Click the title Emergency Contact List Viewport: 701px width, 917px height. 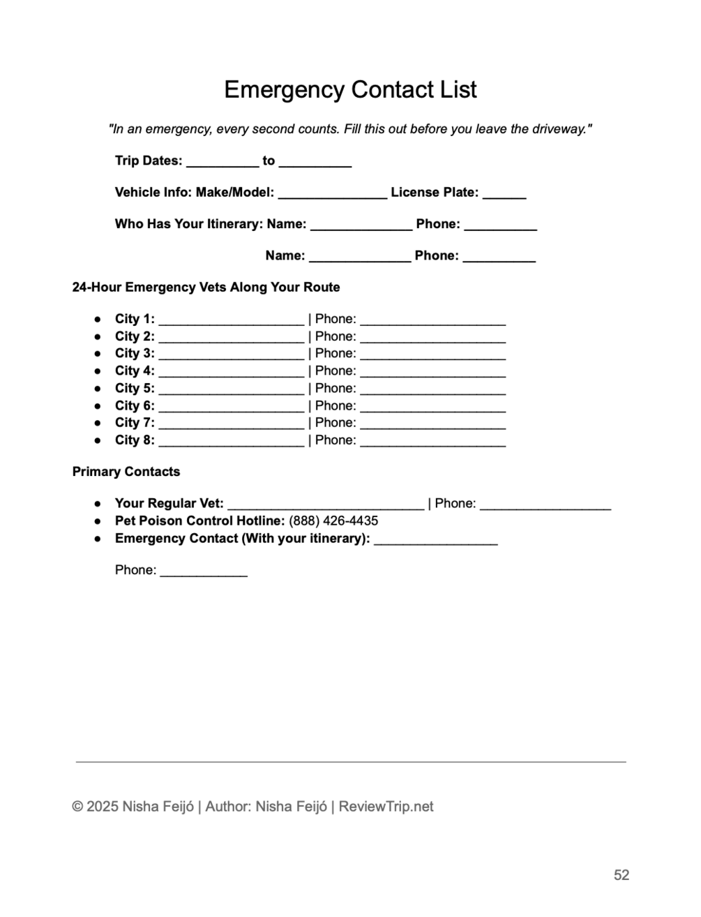click(350, 90)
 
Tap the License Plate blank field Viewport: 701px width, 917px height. click(504, 195)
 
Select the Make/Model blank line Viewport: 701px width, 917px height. click(332, 195)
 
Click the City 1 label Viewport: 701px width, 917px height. click(135, 319)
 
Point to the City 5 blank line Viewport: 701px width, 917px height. click(231, 391)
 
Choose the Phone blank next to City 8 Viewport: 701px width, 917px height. click(432, 443)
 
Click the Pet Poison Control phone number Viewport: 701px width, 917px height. click(333, 521)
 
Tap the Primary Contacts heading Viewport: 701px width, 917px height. click(126, 472)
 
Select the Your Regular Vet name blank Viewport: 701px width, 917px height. click(326, 507)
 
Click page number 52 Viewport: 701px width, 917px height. click(621, 875)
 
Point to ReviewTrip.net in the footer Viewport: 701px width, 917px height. click(386, 807)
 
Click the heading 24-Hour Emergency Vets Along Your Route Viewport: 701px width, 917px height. click(206, 288)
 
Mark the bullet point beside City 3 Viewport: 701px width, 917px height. click(98, 354)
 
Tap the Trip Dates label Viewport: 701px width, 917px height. click(149, 161)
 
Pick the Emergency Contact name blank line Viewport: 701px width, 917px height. click(435, 542)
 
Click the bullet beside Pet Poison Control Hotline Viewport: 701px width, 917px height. click(98, 521)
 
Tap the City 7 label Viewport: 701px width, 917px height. click(135, 423)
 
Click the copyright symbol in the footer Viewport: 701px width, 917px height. click(77, 807)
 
